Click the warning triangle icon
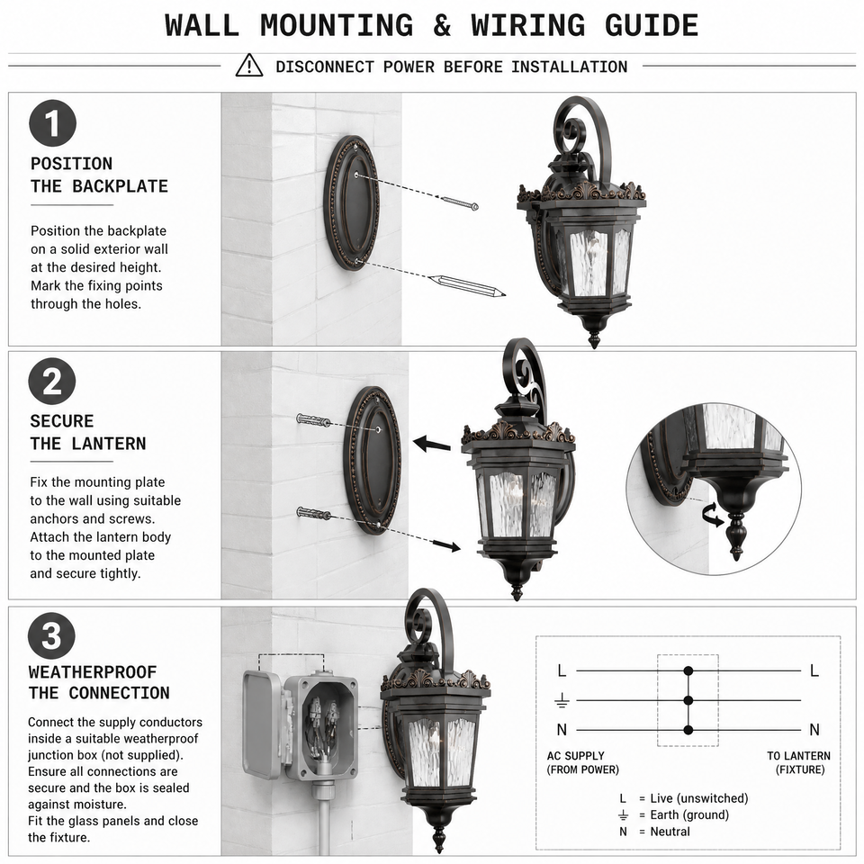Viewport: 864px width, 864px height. [249, 66]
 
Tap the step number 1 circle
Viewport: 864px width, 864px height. [52, 123]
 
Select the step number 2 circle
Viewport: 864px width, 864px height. [52, 381]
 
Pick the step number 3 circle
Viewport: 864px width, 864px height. [51, 635]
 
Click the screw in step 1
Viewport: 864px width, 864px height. [460, 202]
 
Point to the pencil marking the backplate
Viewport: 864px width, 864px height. [467, 285]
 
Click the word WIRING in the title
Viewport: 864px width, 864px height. [529, 25]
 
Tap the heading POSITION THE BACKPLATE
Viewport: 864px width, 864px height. [99, 175]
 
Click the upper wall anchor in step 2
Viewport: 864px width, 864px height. [313, 420]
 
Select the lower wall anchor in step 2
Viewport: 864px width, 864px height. [313, 514]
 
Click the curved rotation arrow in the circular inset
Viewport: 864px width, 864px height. [712, 515]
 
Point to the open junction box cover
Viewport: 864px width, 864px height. [262, 724]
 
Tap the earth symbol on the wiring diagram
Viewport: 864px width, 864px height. [562, 700]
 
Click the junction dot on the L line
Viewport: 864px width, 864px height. [688, 670]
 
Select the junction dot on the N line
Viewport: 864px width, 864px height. [688, 730]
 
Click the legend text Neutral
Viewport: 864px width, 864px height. [670, 832]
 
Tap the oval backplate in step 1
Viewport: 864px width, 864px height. [352, 202]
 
